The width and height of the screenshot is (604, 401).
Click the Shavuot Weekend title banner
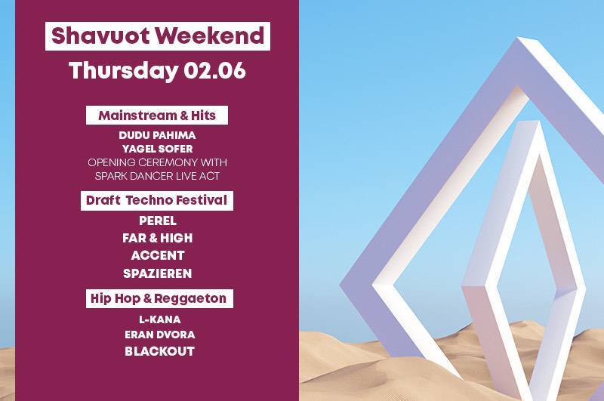pos(158,36)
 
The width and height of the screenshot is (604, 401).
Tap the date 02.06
pos(214,71)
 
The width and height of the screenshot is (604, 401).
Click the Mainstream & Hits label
pos(157,116)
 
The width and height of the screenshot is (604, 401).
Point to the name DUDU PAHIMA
pos(157,135)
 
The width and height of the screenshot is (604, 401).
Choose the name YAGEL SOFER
pos(157,149)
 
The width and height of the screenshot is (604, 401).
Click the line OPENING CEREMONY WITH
pos(157,162)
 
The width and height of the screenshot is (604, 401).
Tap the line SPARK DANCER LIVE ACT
pos(157,176)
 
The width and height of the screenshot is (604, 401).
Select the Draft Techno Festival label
pos(157,201)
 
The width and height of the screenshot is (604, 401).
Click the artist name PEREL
pos(158,221)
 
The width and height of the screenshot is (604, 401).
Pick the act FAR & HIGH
pos(157,238)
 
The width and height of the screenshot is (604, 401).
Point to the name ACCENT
pos(158,255)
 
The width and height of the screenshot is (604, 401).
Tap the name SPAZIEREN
pos(157,273)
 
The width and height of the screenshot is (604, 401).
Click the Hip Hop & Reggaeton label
pos(159,298)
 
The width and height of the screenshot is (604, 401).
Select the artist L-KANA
pos(160,319)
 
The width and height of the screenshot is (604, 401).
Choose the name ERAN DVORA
pos(160,335)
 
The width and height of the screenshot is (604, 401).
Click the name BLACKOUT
pos(159,351)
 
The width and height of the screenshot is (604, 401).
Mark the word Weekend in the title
pos(211,35)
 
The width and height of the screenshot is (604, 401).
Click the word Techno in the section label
pos(149,200)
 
